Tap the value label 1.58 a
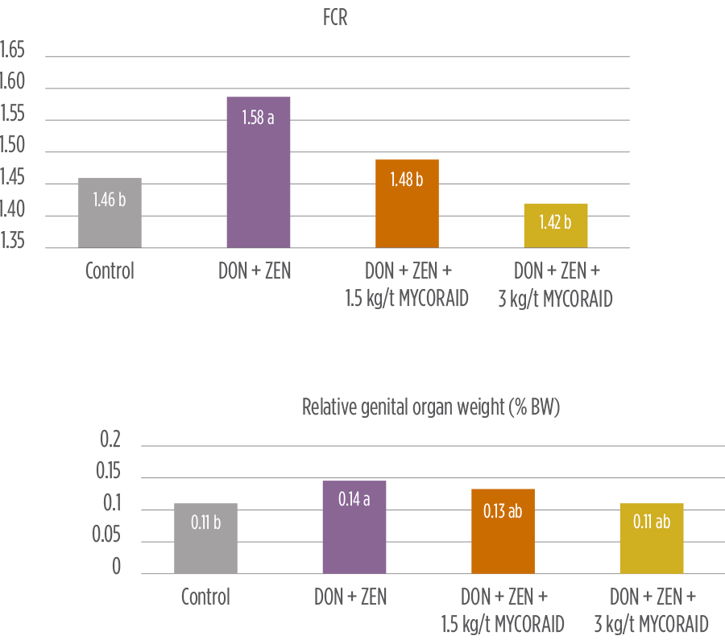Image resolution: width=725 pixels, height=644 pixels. click(x=259, y=118)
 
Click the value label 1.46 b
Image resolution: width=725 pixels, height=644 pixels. click(x=110, y=200)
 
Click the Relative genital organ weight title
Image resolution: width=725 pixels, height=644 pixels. click(x=431, y=407)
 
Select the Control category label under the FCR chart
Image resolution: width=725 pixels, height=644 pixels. click(x=110, y=271)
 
